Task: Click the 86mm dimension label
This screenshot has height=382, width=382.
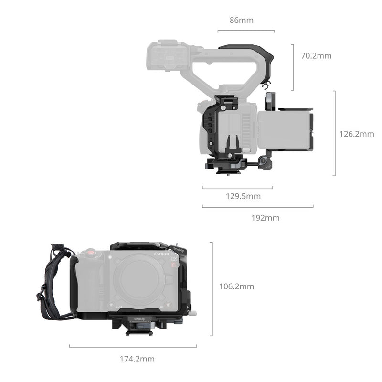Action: coord(241,20)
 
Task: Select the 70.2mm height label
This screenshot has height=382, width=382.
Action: coord(316,56)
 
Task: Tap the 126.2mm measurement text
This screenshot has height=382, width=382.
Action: coord(356,134)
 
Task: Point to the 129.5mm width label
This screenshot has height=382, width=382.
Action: coord(243,196)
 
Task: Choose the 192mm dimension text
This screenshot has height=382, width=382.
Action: coord(265,218)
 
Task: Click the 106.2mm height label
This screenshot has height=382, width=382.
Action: coord(236,286)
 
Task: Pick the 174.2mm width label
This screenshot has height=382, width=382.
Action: coord(138,359)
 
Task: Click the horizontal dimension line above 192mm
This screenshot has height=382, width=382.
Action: coord(257,207)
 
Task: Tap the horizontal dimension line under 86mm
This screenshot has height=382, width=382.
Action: coord(246,31)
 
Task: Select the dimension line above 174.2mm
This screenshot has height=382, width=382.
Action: coord(133,347)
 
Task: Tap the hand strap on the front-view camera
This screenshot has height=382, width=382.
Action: coord(53,282)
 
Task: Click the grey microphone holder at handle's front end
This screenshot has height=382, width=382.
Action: coord(165,56)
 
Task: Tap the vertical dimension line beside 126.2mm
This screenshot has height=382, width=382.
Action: coord(334,133)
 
